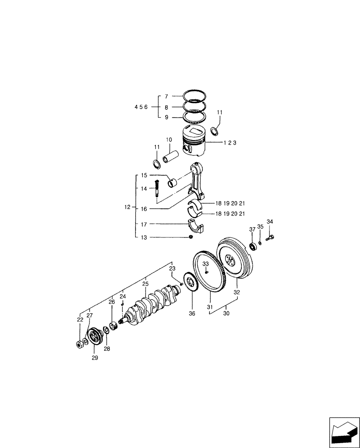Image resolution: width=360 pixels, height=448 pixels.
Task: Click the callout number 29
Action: (94, 358)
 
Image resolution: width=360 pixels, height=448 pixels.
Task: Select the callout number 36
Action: (192, 314)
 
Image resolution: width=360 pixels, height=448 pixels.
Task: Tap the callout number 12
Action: (128, 207)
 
